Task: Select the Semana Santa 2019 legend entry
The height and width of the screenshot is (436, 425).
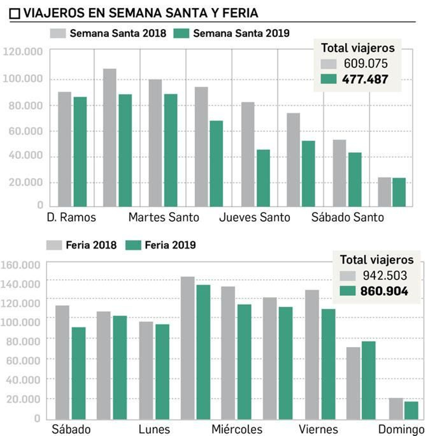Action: (x=231, y=33)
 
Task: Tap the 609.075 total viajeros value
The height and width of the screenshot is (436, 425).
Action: (x=365, y=64)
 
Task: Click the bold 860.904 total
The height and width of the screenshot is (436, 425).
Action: (x=384, y=291)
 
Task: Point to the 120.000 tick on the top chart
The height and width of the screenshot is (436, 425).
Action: (x=23, y=52)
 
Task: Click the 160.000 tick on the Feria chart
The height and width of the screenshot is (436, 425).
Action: (x=20, y=265)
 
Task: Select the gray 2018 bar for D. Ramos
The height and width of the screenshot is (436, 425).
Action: (x=65, y=149)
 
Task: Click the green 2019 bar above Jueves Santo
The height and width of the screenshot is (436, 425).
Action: (x=263, y=178)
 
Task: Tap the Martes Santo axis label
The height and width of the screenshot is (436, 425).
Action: (x=164, y=218)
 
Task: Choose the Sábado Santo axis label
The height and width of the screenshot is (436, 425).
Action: (x=347, y=218)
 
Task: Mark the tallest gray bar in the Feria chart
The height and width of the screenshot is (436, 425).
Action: (x=188, y=348)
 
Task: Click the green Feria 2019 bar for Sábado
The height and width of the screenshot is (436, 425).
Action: (x=79, y=373)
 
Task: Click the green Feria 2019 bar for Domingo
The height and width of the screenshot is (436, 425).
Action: (x=411, y=410)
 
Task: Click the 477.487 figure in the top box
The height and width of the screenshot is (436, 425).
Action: (x=365, y=79)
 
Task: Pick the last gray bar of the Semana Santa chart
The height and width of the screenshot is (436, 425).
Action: (x=384, y=192)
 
